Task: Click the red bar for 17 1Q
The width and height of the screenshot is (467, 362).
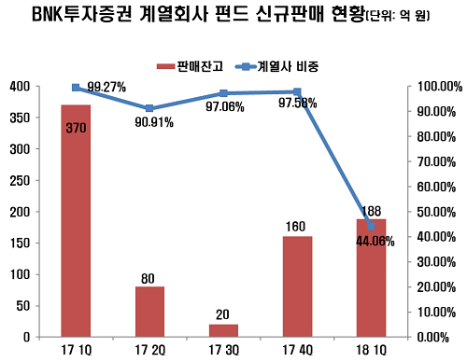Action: tap(76, 220)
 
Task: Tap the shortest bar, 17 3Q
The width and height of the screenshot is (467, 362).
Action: tap(223, 329)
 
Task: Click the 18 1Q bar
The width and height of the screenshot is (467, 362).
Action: tap(371, 277)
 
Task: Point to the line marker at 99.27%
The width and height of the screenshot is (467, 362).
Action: tap(76, 88)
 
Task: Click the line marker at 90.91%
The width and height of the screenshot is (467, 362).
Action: tap(149, 108)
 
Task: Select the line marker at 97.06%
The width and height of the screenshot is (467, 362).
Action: tap(223, 93)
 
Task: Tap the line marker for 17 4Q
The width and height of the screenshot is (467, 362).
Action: tap(297, 91)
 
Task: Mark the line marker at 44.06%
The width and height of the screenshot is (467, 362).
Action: tap(371, 226)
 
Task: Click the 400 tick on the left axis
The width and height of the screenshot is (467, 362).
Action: tap(19, 86)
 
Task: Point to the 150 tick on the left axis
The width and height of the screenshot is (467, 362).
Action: tap(19, 242)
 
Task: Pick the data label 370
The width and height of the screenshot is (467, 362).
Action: tap(76, 127)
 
